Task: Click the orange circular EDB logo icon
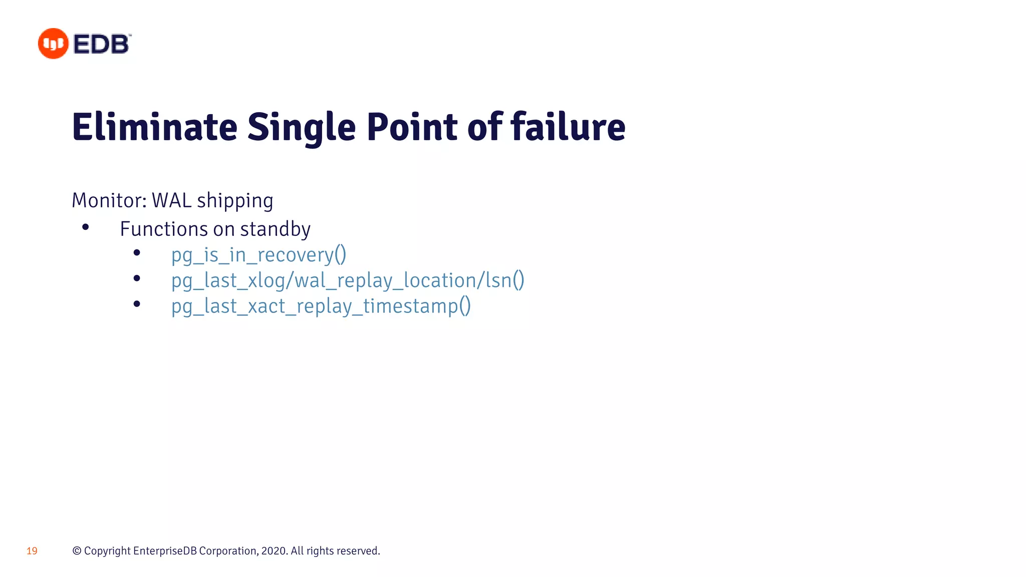pyautogui.click(x=53, y=44)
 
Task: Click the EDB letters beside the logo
pyautogui.click(x=102, y=44)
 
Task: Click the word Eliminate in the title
pyautogui.click(x=154, y=127)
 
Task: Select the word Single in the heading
pyautogui.click(x=302, y=127)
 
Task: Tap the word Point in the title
pyautogui.click(x=412, y=127)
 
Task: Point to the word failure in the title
pyautogui.click(x=568, y=127)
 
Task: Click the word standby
pyautogui.click(x=275, y=229)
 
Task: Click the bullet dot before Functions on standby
pyautogui.click(x=86, y=227)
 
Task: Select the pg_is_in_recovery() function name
pyautogui.click(x=259, y=255)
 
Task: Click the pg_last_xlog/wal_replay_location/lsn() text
pyautogui.click(x=348, y=280)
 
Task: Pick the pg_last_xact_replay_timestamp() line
pyautogui.click(x=321, y=306)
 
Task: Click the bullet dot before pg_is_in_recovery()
pyautogui.click(x=137, y=253)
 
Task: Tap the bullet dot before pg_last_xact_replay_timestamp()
pyautogui.click(x=137, y=304)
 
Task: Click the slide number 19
pyautogui.click(x=32, y=551)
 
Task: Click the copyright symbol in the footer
pyautogui.click(x=77, y=551)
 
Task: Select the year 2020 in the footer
pyautogui.click(x=274, y=551)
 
